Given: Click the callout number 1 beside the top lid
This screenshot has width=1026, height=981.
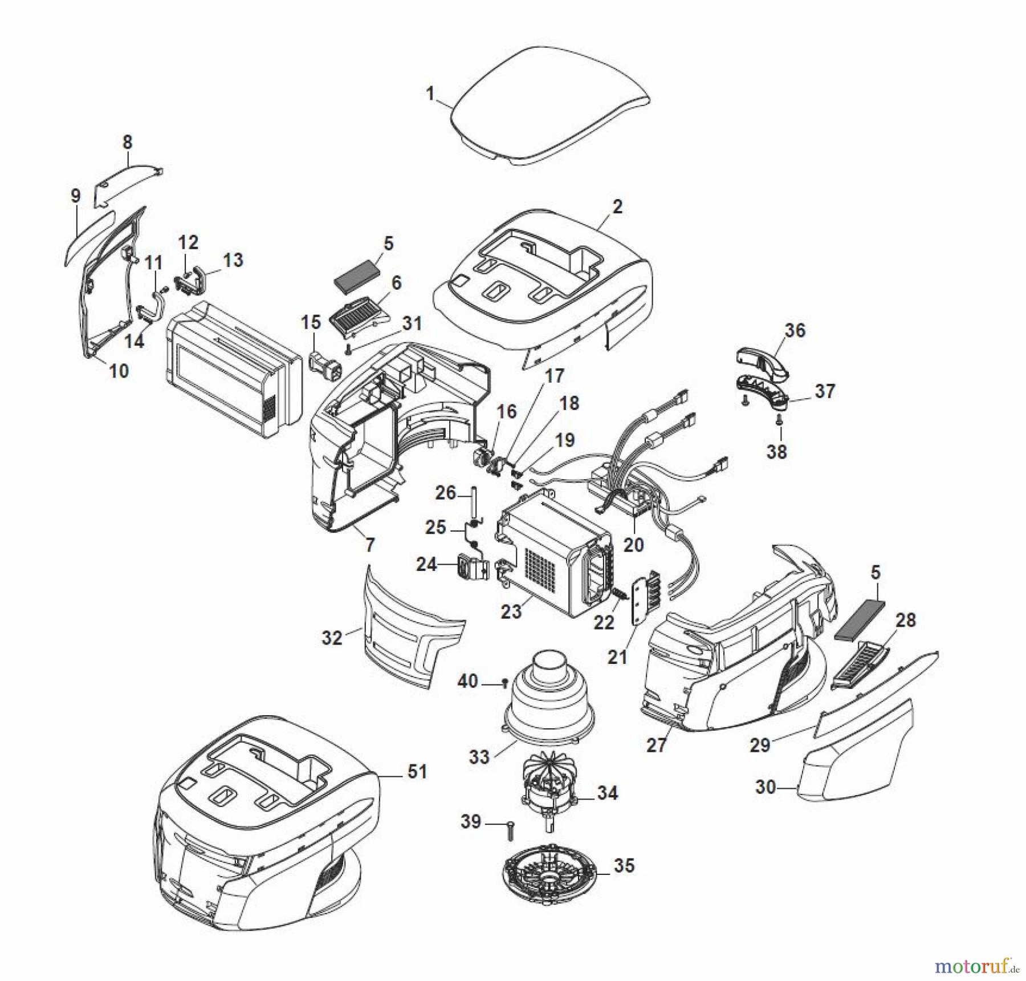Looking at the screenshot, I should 430,93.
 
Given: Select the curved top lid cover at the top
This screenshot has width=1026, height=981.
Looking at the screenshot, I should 547,106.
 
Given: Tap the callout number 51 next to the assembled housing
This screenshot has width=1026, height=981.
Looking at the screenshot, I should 417,772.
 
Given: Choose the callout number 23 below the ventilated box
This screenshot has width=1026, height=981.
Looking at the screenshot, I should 511,611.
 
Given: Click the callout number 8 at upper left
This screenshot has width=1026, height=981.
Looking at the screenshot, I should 127,141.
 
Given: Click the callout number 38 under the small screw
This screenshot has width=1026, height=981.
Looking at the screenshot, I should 776,452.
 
